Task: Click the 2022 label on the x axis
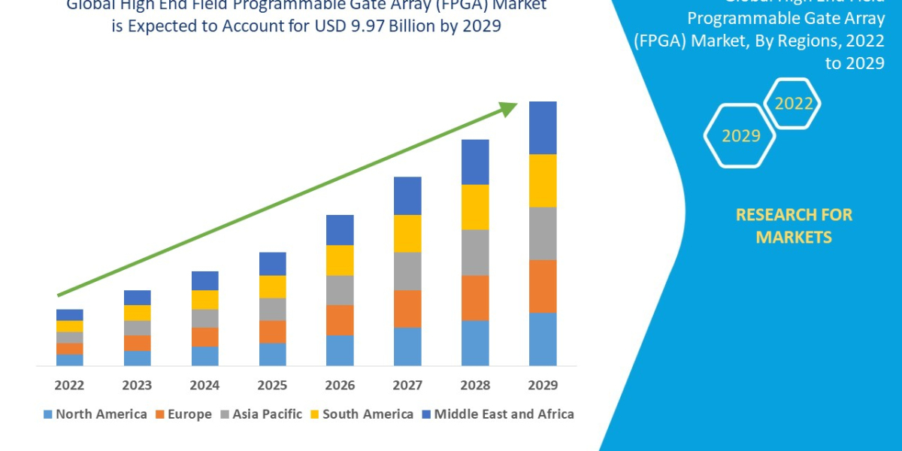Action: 69,386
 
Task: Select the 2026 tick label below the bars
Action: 340,386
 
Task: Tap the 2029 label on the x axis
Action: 543,386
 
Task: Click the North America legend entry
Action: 95,414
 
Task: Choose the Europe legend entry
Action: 184,414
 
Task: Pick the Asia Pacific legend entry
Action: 260,414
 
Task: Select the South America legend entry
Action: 361,414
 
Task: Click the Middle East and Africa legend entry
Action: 497,414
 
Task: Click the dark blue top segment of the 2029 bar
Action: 543,128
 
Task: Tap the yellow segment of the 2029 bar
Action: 543,180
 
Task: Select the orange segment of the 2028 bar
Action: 475,298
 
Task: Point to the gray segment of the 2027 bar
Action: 407,271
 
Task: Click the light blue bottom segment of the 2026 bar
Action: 340,350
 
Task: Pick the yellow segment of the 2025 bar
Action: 272,286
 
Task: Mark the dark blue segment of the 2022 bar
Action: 69,314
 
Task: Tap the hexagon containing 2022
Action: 792,104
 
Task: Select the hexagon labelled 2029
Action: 740,136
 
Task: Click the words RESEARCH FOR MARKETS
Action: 793,225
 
